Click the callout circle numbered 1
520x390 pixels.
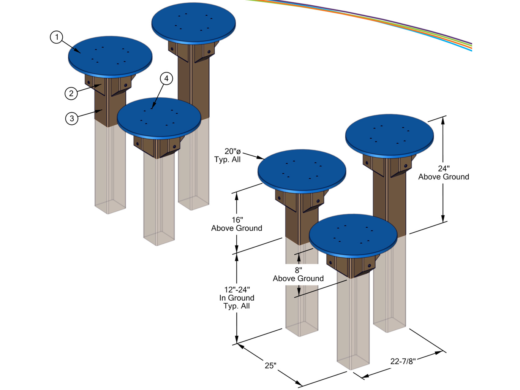[57, 37]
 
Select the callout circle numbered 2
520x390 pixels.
[71, 93]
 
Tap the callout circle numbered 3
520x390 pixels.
[72, 118]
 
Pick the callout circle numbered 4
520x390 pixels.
[166, 79]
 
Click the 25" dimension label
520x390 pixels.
[270, 366]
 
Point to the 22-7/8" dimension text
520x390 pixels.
[403, 361]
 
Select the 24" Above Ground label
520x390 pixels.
[443, 173]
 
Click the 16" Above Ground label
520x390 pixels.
[237, 224]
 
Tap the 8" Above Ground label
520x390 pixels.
[298, 274]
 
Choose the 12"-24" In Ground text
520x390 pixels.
[237, 298]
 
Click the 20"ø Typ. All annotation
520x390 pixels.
[228, 155]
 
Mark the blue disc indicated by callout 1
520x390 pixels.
[110, 55]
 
